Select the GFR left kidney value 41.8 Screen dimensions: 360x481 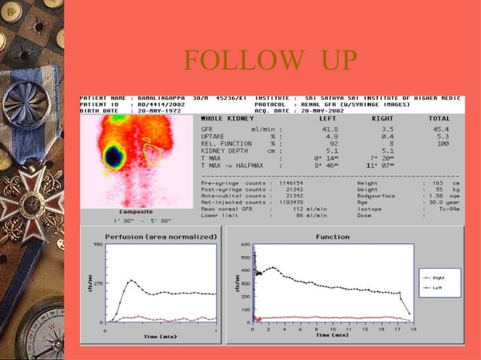tap(330, 130)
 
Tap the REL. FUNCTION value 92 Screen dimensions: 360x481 tap(333, 143)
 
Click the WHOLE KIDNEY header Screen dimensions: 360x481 tap(226, 118)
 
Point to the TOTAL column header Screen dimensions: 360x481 tap(439, 118)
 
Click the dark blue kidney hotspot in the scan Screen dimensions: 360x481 tap(114, 157)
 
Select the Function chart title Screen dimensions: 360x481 tap(332, 236)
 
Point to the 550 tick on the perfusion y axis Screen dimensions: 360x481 tap(97, 245)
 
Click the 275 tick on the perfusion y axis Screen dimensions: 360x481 tap(97, 283)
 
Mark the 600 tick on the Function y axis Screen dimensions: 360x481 tap(245, 244)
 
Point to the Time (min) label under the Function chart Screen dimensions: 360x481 tap(335, 337)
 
